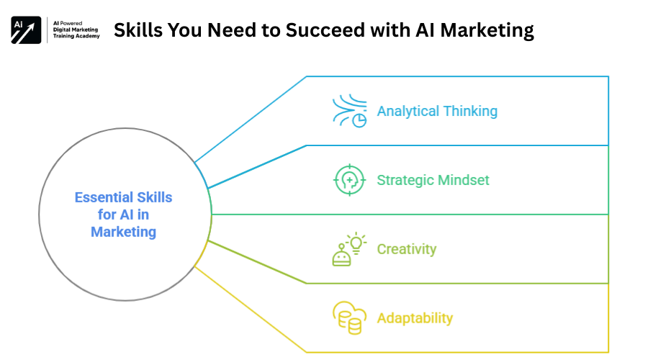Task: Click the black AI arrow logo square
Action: click(26, 30)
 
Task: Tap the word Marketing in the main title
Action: click(487, 31)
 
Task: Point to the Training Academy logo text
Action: click(76, 36)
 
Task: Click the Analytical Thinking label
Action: click(437, 111)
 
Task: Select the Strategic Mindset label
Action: click(433, 180)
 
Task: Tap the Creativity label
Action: click(407, 249)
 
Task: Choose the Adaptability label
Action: click(415, 318)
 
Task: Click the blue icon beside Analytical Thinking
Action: click(350, 111)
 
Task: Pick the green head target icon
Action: click(350, 180)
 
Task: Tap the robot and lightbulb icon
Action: click(350, 249)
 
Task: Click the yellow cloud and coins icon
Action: click(350, 318)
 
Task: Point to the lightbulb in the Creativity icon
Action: click(356, 243)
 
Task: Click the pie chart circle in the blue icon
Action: click(359, 121)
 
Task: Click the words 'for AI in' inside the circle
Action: click(123, 215)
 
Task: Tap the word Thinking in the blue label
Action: click(471, 111)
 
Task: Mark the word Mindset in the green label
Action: click(463, 180)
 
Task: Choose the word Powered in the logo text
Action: click(71, 23)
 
